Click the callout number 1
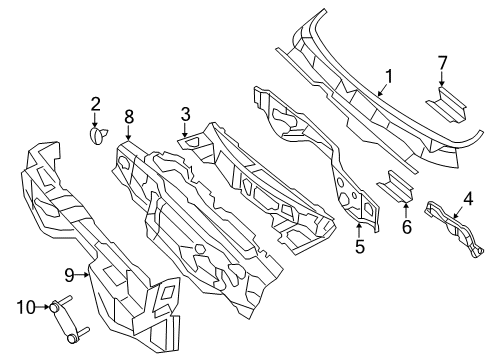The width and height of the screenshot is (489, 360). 389,74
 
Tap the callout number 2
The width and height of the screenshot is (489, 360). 96,103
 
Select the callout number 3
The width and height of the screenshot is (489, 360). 185,115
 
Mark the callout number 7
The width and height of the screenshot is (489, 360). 442,63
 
